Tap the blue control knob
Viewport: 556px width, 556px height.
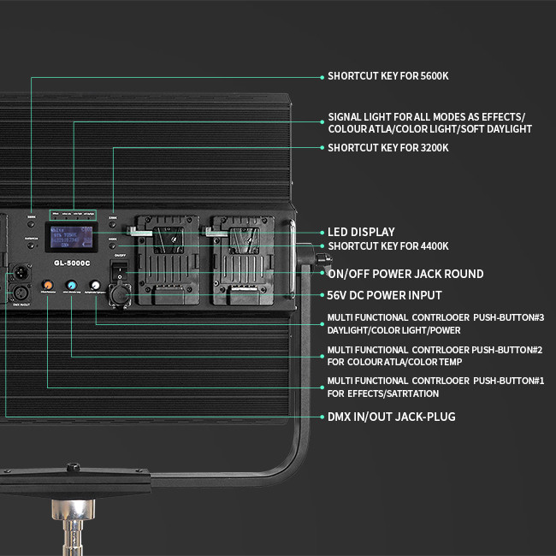(x=72, y=285)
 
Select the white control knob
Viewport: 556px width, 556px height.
(x=96, y=285)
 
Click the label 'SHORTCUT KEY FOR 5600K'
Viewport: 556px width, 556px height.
(x=387, y=76)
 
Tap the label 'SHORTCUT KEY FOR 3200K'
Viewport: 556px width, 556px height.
(x=387, y=148)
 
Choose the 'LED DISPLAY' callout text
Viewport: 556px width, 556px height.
(x=361, y=232)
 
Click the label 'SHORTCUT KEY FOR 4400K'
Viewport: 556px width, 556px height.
(x=387, y=246)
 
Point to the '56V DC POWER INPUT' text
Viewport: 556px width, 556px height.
(x=385, y=295)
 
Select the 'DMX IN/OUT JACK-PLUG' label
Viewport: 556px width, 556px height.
(x=391, y=417)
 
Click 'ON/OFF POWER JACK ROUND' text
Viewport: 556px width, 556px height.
(x=405, y=274)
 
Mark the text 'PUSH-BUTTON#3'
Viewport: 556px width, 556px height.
(x=508, y=317)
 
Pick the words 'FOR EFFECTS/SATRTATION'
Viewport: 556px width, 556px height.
(x=382, y=393)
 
